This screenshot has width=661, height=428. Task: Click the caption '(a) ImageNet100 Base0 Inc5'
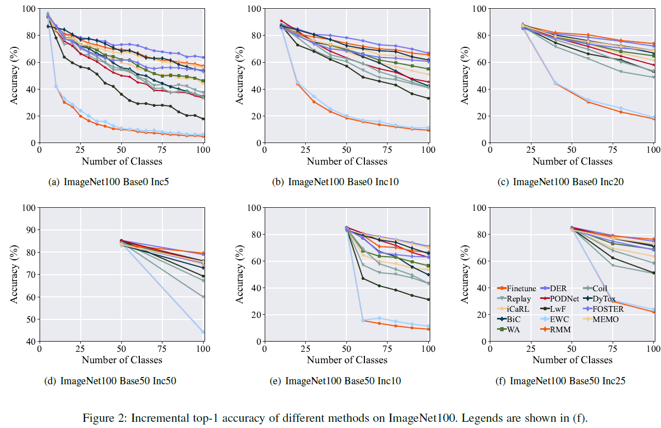(x=108, y=182)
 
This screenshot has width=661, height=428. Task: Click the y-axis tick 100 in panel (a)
(x=29, y=9)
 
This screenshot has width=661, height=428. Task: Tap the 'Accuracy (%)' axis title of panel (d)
(x=14, y=274)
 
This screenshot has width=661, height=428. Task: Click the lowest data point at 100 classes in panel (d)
(x=204, y=332)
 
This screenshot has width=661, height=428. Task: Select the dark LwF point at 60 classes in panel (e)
(x=363, y=278)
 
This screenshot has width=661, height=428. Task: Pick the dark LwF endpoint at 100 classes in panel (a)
(x=204, y=119)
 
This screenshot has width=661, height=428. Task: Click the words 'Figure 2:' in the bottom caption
(x=101, y=417)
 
